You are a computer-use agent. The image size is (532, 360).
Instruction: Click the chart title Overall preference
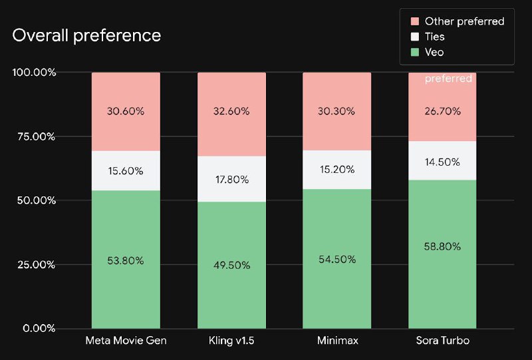[x=86, y=35]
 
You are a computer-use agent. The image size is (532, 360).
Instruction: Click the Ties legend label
[x=434, y=37]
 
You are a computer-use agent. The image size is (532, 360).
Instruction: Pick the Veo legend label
[x=434, y=53]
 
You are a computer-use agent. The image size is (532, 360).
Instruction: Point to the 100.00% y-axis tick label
[x=34, y=72]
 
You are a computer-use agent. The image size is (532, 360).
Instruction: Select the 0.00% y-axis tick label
[x=38, y=328]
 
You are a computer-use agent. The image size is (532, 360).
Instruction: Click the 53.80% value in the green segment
[x=126, y=261]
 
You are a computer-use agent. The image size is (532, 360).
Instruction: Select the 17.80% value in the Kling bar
[x=231, y=179]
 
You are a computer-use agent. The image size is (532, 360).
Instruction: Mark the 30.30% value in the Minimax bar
[x=336, y=111]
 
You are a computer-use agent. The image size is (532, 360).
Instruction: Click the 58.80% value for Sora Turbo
[x=442, y=246]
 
